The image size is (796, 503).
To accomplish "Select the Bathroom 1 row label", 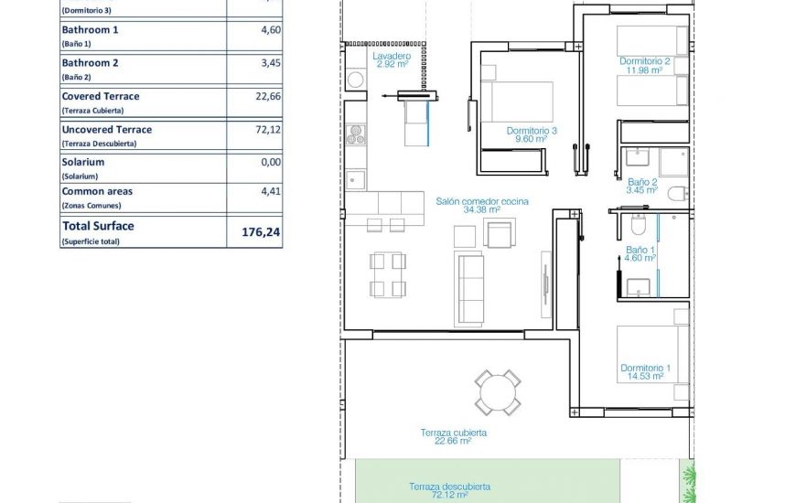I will coord(90,30).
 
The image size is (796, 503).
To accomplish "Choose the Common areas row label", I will coord(96,192).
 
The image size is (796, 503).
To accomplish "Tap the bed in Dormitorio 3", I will coord(517,102).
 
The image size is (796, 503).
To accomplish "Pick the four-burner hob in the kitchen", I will coord(356,134).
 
